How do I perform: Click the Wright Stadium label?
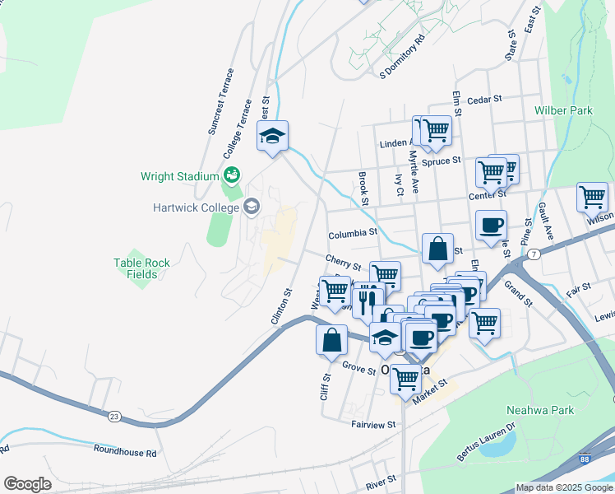(x=178, y=175)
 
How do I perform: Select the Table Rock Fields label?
(x=141, y=268)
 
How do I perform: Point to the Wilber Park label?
(x=563, y=110)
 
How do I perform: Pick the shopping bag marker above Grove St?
(x=331, y=340)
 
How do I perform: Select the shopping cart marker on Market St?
(x=405, y=380)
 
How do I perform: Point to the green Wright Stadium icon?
(x=231, y=175)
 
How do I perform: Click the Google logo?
(x=28, y=483)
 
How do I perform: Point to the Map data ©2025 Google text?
(x=562, y=487)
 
